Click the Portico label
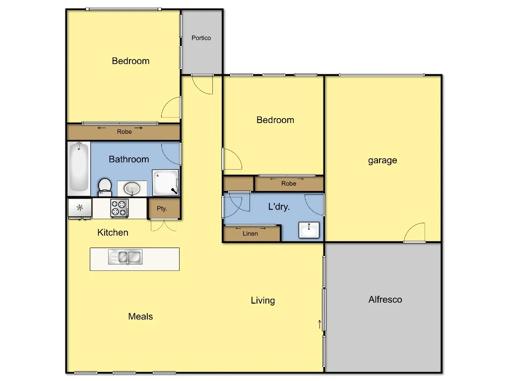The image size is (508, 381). (201, 38)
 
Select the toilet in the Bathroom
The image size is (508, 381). (105, 187)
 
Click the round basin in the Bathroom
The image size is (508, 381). (132, 188)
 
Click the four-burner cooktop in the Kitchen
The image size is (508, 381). (119, 208)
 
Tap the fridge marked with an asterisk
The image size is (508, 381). (79, 208)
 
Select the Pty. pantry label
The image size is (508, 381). (162, 209)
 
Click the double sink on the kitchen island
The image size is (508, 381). (126, 257)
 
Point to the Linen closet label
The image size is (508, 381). (251, 234)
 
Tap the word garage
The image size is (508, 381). (382, 160)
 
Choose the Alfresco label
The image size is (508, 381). (385, 300)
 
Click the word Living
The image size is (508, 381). (262, 301)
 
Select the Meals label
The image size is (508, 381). (140, 317)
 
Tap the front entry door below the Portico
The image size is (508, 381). (202, 83)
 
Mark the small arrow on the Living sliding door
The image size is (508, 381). (319, 324)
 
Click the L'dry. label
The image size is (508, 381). (279, 207)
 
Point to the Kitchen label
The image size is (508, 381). (113, 233)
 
